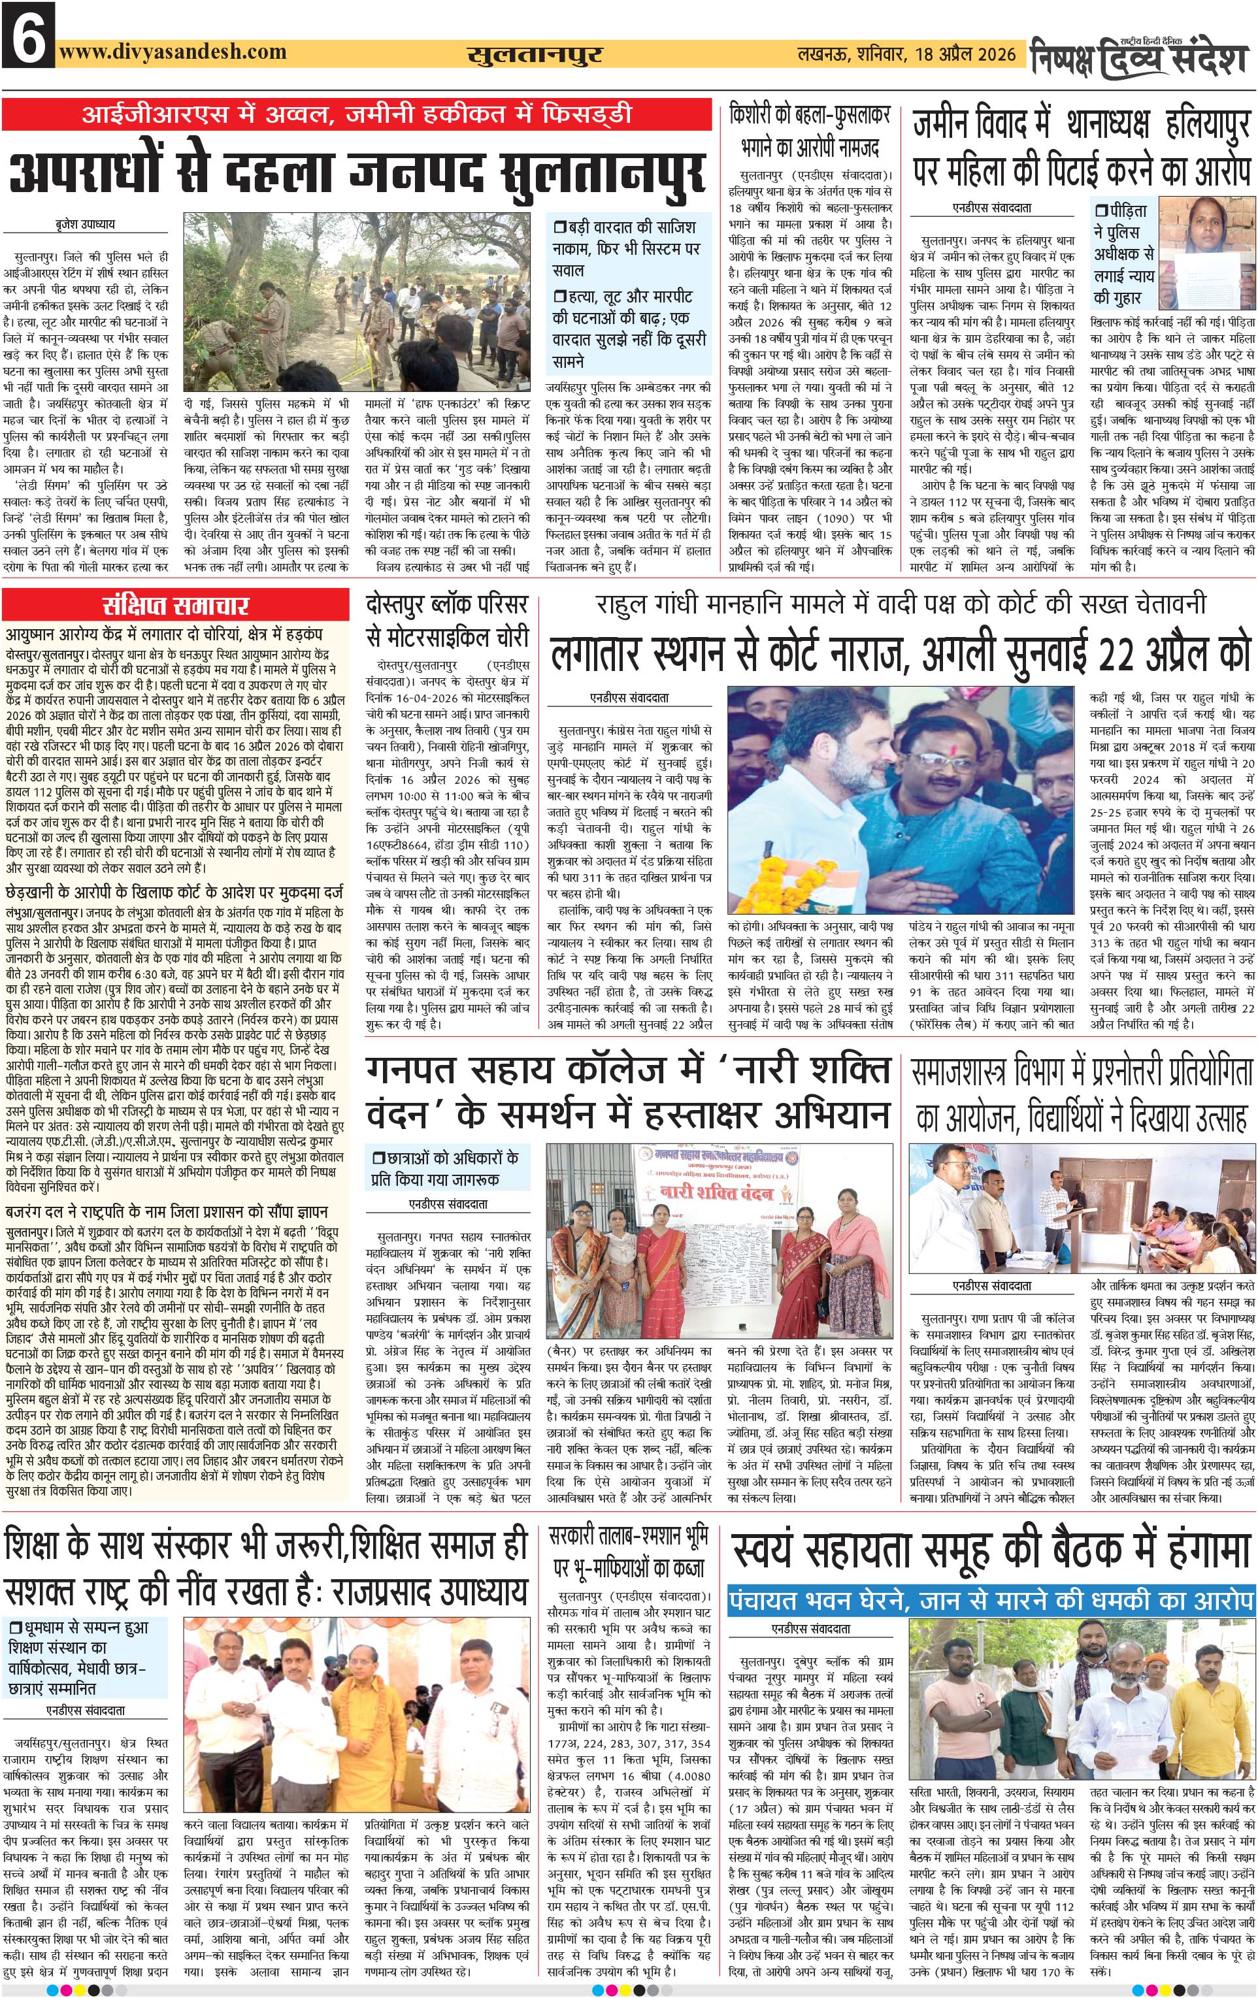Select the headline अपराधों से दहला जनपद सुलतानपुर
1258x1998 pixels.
point(357,172)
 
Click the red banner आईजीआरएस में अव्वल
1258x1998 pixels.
point(357,114)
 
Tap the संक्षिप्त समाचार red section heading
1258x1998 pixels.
point(175,605)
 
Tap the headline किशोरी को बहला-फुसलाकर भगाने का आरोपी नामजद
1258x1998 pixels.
point(810,131)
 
